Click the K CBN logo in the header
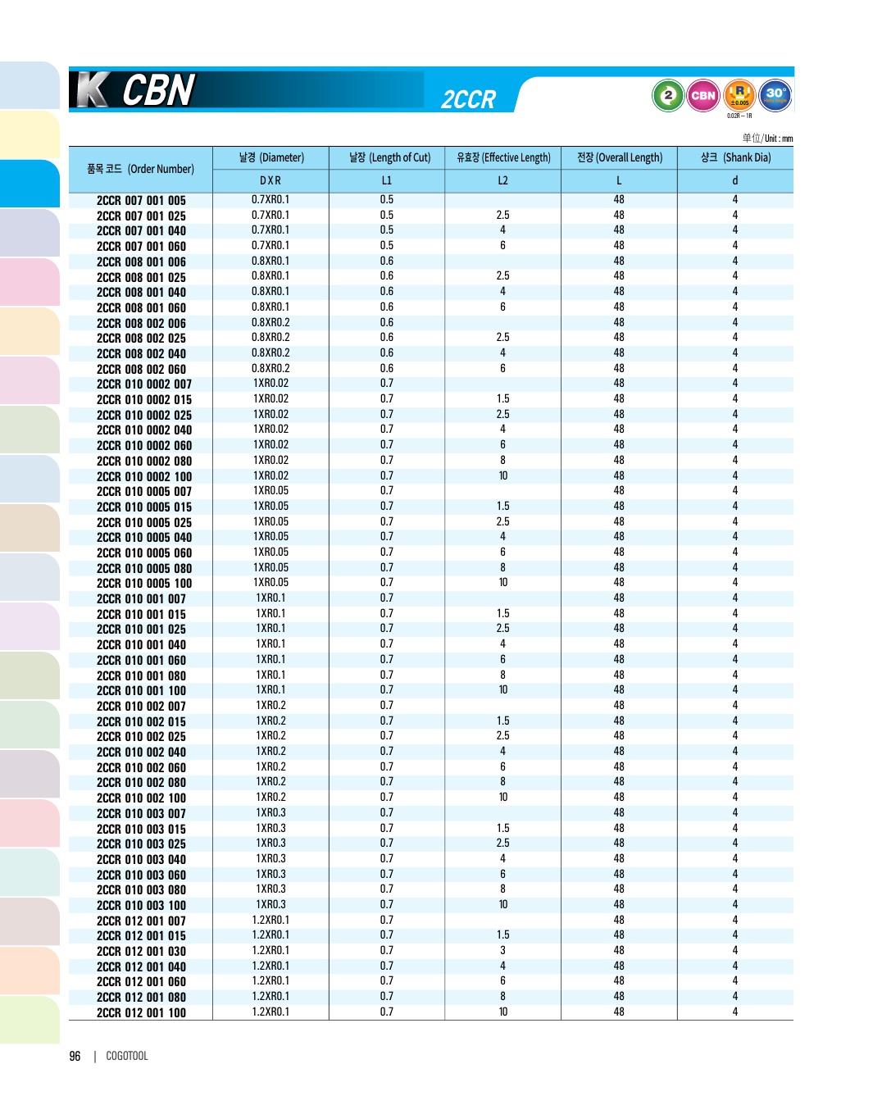(x=136, y=90)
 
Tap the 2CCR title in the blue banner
(x=468, y=100)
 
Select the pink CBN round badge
(x=703, y=95)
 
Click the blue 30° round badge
(x=775, y=94)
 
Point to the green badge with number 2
(x=668, y=95)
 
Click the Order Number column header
(x=140, y=169)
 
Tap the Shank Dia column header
(x=735, y=157)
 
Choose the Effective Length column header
(x=503, y=157)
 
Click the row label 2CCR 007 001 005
(x=141, y=201)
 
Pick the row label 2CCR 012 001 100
(x=141, y=1013)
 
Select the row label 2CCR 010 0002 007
(x=143, y=384)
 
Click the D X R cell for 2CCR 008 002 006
(x=271, y=322)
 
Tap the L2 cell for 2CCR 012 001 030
(x=502, y=951)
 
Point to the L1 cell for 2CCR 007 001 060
(x=386, y=246)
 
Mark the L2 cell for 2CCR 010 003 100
(x=502, y=905)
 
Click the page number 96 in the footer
(x=75, y=1057)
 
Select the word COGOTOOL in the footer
(x=127, y=1057)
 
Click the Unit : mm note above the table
(x=767, y=139)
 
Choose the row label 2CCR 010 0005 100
(x=143, y=584)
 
